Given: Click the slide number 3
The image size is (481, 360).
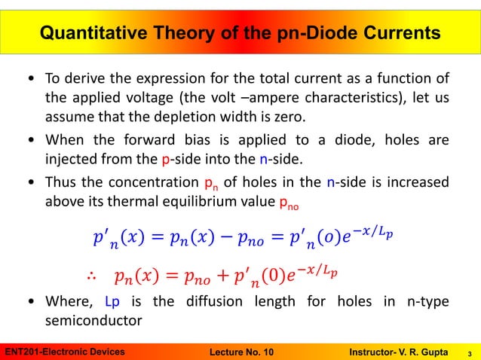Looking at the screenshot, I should (x=470, y=352).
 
